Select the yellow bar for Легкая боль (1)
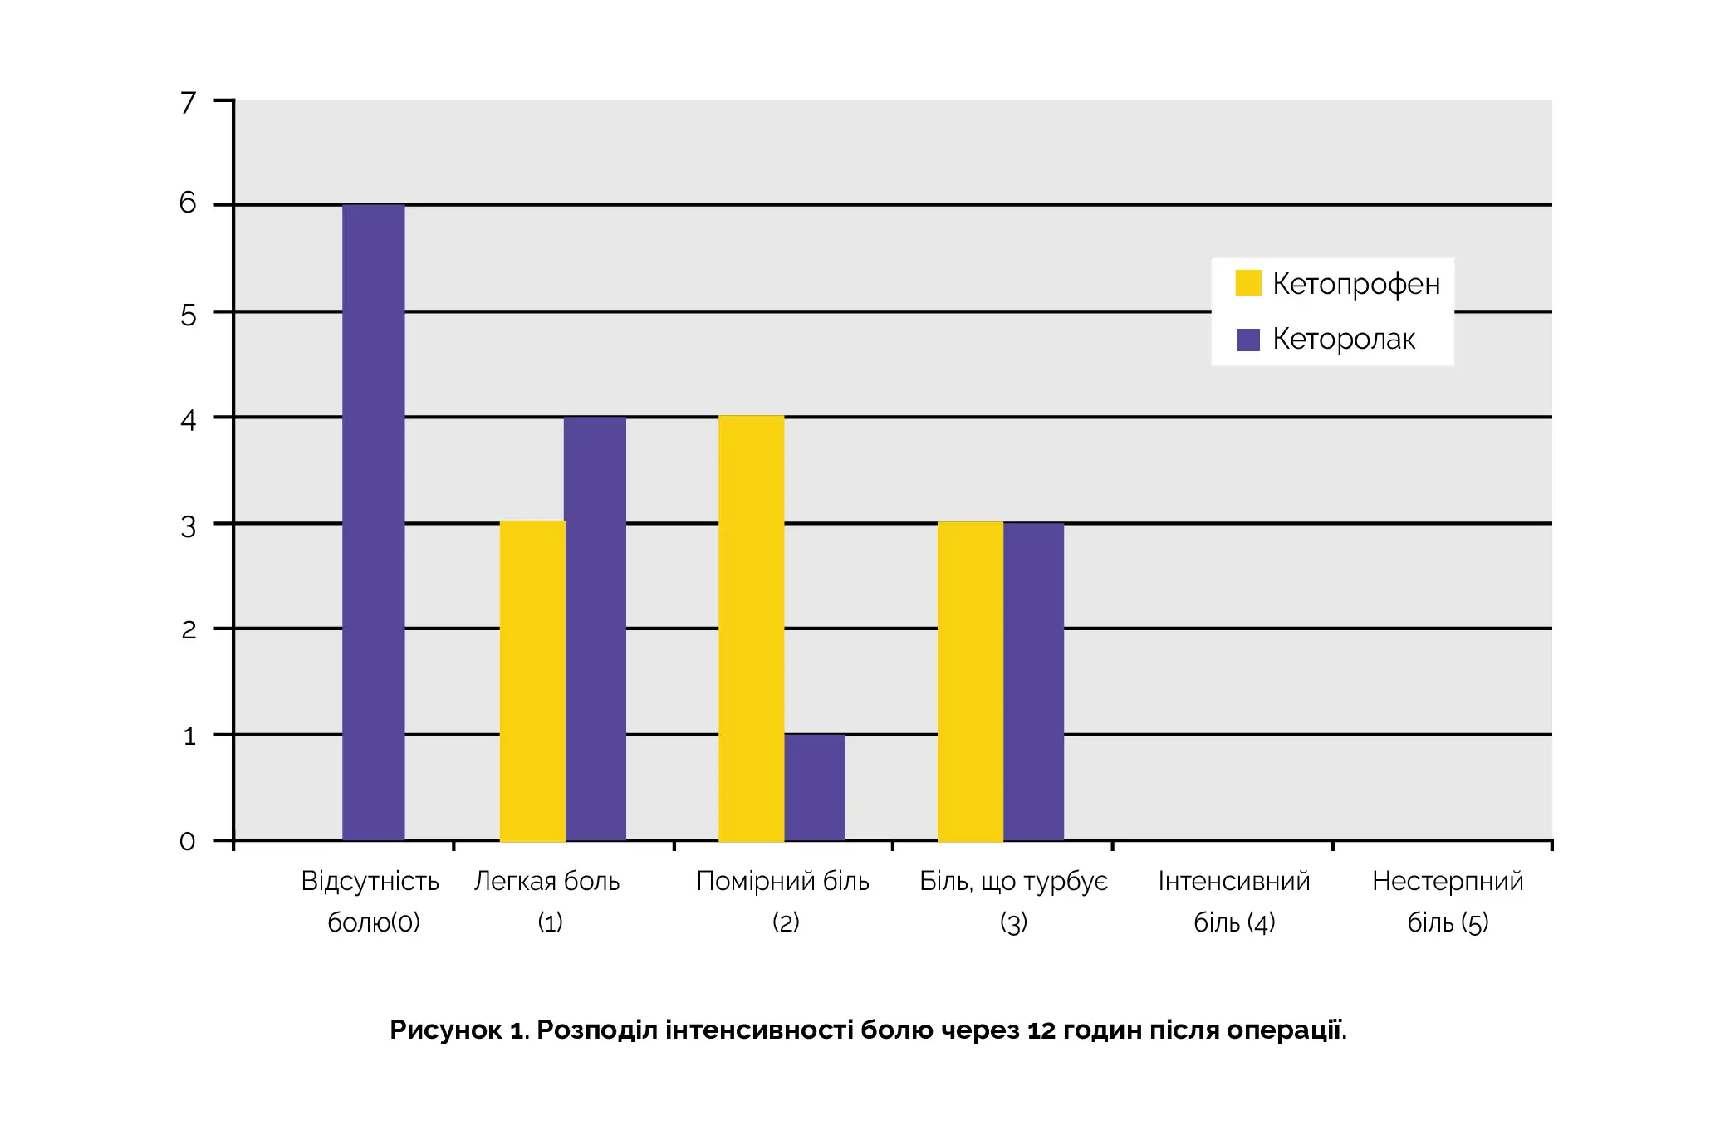[x=532, y=681]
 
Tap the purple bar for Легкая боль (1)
[x=595, y=629]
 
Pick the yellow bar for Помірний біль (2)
[x=751, y=629]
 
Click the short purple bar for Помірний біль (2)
[x=814, y=787]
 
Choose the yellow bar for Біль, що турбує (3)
[x=970, y=681]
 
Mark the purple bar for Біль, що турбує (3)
[x=1033, y=681]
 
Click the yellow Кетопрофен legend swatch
[x=1247, y=283]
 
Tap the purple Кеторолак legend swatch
[x=1247, y=340]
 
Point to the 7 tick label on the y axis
[x=189, y=103]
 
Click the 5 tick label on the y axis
[x=189, y=316]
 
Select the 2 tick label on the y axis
[x=189, y=630]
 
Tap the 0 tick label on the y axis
[x=188, y=842]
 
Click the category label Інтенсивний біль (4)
[x=1234, y=901]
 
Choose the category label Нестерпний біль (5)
[x=1448, y=901]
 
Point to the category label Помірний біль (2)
[x=782, y=901]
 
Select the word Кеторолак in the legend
[x=1343, y=340]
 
